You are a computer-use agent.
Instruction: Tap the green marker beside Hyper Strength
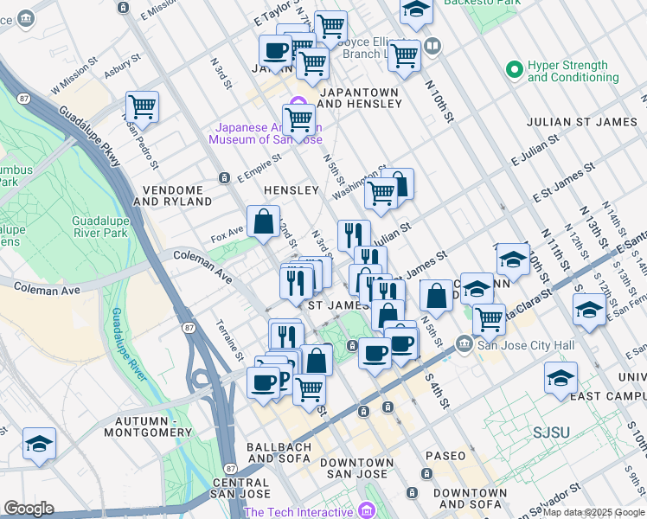515,67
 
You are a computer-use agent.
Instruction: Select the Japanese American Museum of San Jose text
264,133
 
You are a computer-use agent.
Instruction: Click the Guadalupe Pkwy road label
90,138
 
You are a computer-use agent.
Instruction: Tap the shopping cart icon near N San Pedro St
142,107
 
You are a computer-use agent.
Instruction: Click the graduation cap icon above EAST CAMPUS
561,377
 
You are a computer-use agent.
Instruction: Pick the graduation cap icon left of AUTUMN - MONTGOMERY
39,443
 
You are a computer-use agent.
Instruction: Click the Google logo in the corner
29,509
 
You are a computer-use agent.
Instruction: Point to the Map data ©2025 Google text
593,512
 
